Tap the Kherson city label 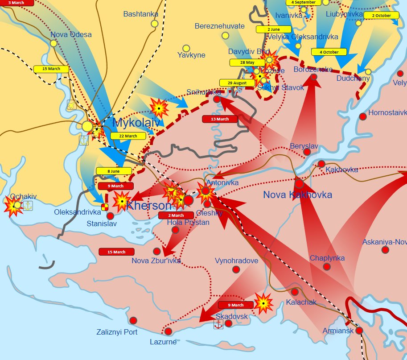[149, 206]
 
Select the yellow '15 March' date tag [51, 69]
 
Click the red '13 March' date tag [219, 119]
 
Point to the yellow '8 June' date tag [114, 171]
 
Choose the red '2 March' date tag [176, 215]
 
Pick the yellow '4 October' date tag [329, 52]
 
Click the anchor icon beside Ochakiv [28, 206]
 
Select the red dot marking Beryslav [307, 152]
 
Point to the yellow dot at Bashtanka [154, 24]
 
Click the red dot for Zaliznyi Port [133, 320]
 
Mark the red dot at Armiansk [359, 331]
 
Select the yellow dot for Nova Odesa [53, 43]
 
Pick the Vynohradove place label [236, 261]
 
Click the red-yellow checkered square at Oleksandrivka [105, 207]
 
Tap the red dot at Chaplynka [327, 267]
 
